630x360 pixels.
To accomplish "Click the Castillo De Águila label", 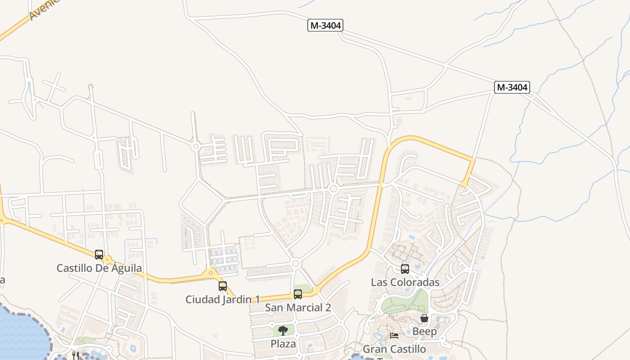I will (99, 268).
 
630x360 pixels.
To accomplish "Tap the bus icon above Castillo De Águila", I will (99, 255).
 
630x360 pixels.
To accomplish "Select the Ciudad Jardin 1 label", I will (223, 299).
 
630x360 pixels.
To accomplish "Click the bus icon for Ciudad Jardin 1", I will (223, 286).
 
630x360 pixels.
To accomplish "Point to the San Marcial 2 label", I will (298, 308).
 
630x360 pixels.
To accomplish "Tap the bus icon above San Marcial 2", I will (298, 294).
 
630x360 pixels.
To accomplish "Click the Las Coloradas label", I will (405, 282).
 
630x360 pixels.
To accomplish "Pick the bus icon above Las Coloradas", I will (405, 269).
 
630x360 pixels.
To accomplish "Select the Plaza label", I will (283, 344).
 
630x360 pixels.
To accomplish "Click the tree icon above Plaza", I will (283, 331).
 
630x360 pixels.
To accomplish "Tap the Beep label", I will (424, 332).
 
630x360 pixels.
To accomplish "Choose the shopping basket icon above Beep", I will (424, 319).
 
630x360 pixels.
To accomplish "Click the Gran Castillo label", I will (394, 349).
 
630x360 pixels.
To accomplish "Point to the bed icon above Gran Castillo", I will (394, 336).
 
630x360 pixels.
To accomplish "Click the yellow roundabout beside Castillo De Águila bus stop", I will (107, 260).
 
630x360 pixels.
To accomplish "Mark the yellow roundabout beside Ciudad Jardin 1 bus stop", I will (211, 273).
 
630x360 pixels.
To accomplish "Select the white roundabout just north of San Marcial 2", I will (296, 264).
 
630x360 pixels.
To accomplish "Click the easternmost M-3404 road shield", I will (512, 87).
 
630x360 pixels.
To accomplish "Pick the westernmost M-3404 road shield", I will (325, 26).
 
